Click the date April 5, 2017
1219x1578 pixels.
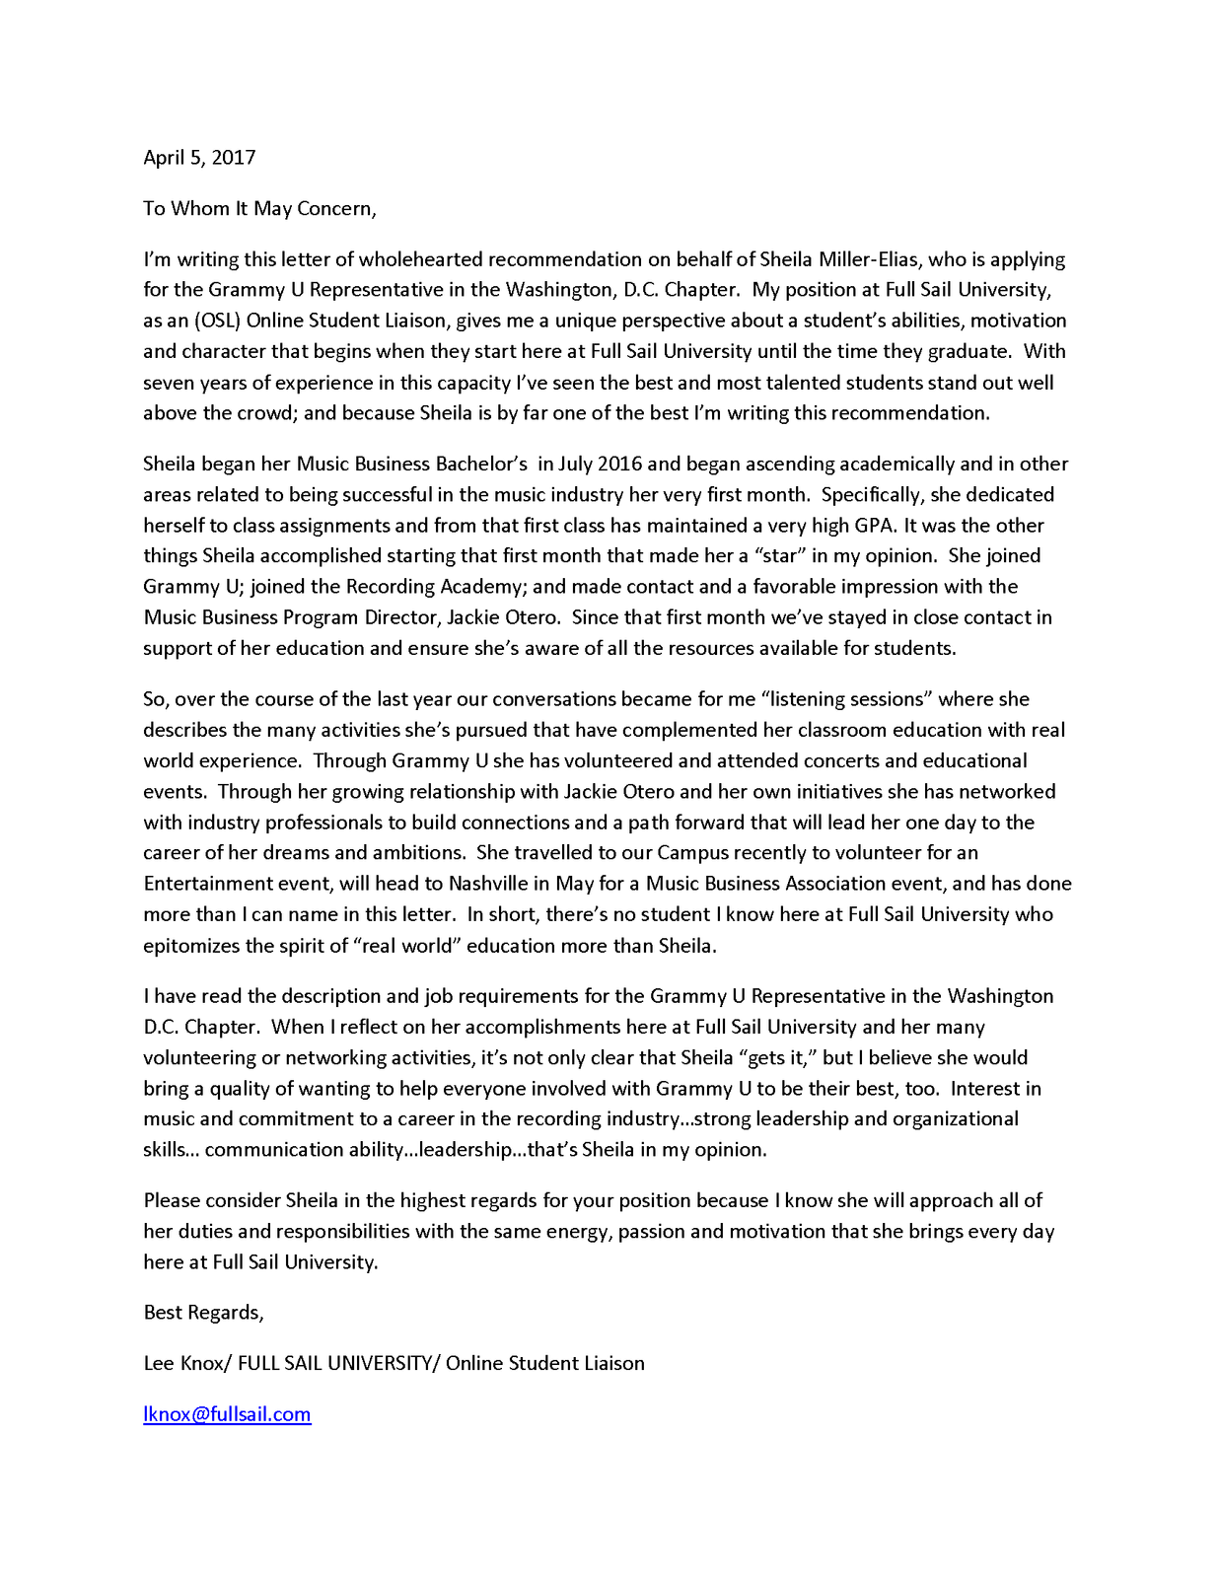point(199,158)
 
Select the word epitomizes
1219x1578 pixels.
point(191,946)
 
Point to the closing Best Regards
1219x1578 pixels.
point(203,1313)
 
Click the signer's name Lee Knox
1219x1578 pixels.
point(184,1364)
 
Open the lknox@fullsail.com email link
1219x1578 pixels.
point(227,1415)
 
